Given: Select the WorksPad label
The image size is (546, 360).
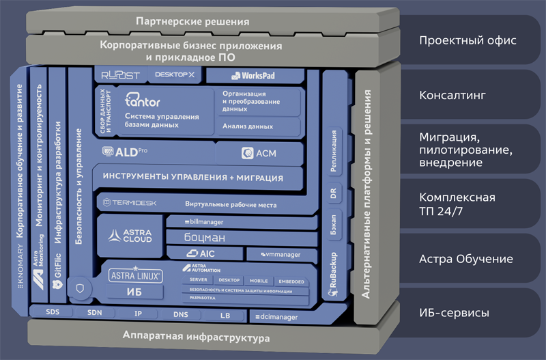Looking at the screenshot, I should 253,75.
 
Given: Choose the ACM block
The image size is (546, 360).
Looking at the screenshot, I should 259,153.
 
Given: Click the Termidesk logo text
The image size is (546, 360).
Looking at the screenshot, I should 131,203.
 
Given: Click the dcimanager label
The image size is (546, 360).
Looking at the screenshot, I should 274,316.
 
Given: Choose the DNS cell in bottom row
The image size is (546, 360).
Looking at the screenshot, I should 180,316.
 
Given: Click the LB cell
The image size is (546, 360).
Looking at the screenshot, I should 226,316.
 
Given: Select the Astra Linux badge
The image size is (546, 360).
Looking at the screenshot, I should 135,276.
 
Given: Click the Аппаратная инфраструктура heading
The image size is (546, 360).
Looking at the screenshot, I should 196,337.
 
